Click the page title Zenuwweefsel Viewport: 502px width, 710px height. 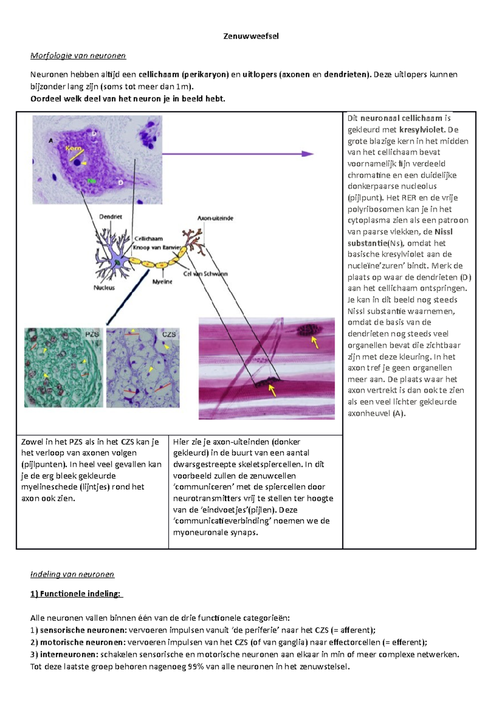251,36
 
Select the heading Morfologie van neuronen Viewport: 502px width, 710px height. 78,56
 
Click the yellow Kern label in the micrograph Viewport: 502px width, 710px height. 74,148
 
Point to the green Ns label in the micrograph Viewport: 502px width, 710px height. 92,181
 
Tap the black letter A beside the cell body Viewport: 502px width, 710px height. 51,140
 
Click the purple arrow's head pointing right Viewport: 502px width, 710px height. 307,154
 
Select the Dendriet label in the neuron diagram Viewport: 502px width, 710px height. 110,217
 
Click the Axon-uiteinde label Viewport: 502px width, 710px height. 215,218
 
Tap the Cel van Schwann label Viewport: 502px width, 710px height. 205,273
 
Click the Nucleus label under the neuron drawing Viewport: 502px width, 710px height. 104,288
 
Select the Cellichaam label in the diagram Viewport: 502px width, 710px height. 149,238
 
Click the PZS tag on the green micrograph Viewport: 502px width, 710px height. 92,334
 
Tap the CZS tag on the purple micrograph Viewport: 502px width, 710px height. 169,335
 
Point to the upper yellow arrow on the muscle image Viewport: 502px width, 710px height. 315,342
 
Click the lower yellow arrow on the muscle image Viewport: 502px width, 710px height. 272,390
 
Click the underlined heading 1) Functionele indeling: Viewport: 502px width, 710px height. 77,594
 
